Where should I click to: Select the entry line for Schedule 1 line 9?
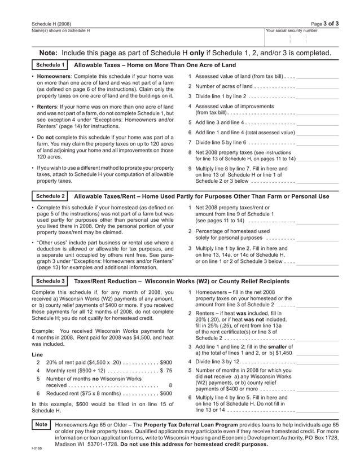tap(317, 182)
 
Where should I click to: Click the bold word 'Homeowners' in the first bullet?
tap(54, 76)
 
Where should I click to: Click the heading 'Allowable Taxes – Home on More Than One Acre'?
tap(155, 65)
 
